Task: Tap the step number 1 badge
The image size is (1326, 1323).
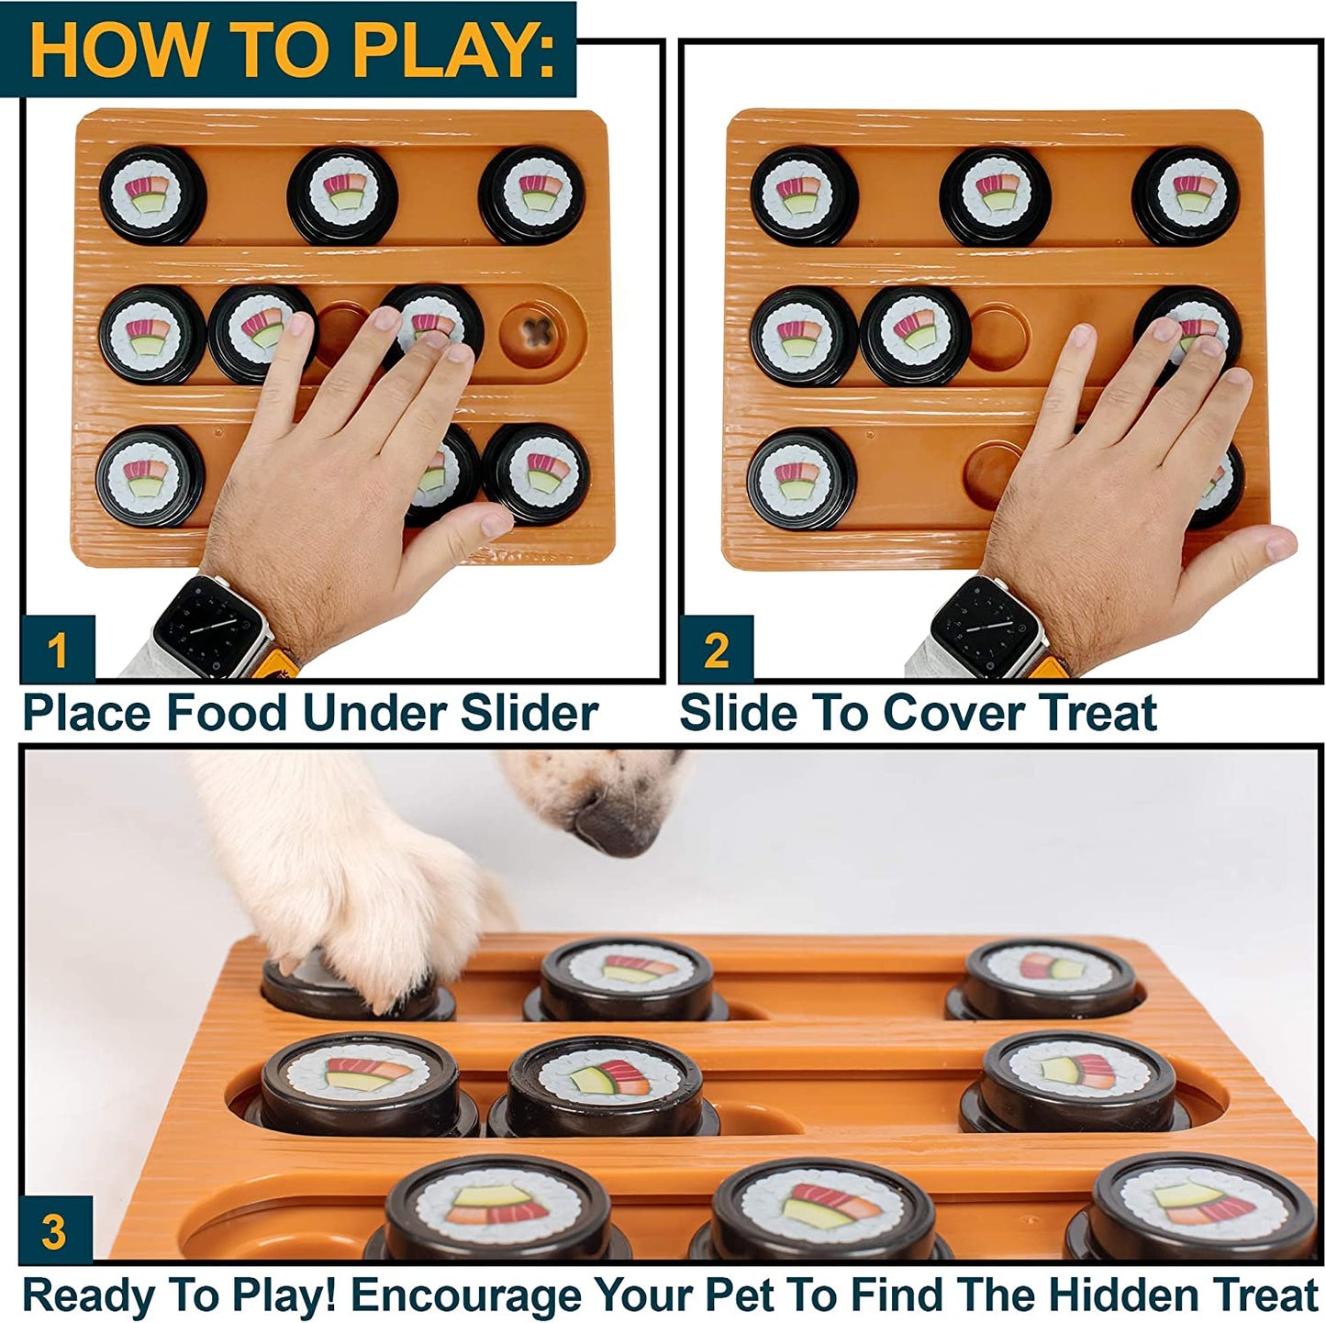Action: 57,650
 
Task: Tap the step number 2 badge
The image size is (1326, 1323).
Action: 716,650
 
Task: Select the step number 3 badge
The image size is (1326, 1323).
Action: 54,1230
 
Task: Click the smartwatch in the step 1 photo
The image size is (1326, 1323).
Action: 206,627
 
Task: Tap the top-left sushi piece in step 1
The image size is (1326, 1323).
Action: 152,195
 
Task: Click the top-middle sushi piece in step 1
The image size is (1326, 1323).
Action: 342,195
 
